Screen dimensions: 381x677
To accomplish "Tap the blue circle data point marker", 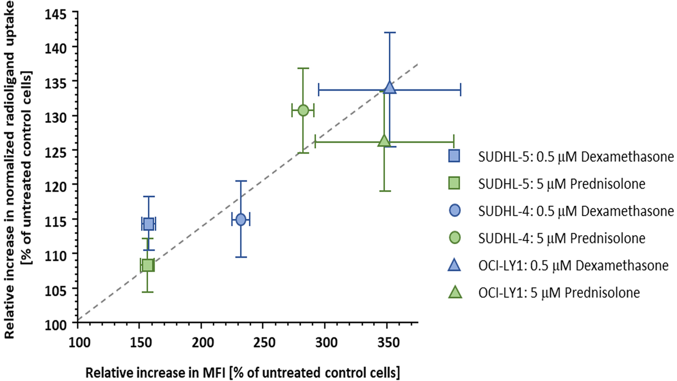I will tap(241, 220).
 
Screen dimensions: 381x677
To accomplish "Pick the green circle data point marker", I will tap(303, 110).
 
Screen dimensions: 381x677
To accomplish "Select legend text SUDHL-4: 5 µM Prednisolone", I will tap(562, 238).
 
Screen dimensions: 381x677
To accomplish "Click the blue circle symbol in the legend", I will tap(455, 211).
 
